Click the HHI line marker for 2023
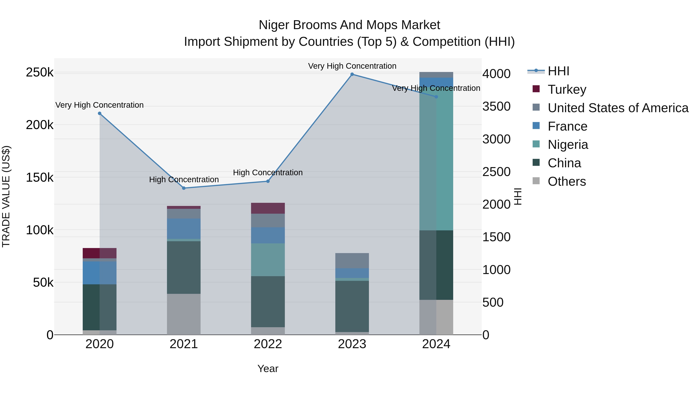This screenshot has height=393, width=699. [x=352, y=74]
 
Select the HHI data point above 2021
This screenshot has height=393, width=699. [x=184, y=188]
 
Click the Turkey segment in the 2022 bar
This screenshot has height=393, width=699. [x=268, y=208]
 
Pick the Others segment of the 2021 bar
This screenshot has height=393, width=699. [x=184, y=314]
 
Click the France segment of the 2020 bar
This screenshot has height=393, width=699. [x=100, y=273]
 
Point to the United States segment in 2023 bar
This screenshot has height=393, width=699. [x=352, y=260]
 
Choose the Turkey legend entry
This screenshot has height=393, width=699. [x=567, y=89]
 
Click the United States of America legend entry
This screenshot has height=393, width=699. [x=618, y=108]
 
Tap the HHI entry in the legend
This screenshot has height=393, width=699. [x=558, y=71]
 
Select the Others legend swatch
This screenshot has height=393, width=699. [x=536, y=181]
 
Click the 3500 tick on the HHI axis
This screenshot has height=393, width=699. [x=496, y=106]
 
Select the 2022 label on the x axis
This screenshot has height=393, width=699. [x=268, y=344]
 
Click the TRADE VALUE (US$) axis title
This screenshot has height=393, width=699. [x=6, y=196]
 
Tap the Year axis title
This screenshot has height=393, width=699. [x=268, y=369]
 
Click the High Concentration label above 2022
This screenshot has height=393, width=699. [x=268, y=173]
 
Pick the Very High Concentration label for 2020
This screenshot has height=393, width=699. [x=100, y=105]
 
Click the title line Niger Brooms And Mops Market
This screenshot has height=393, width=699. [x=349, y=25]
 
